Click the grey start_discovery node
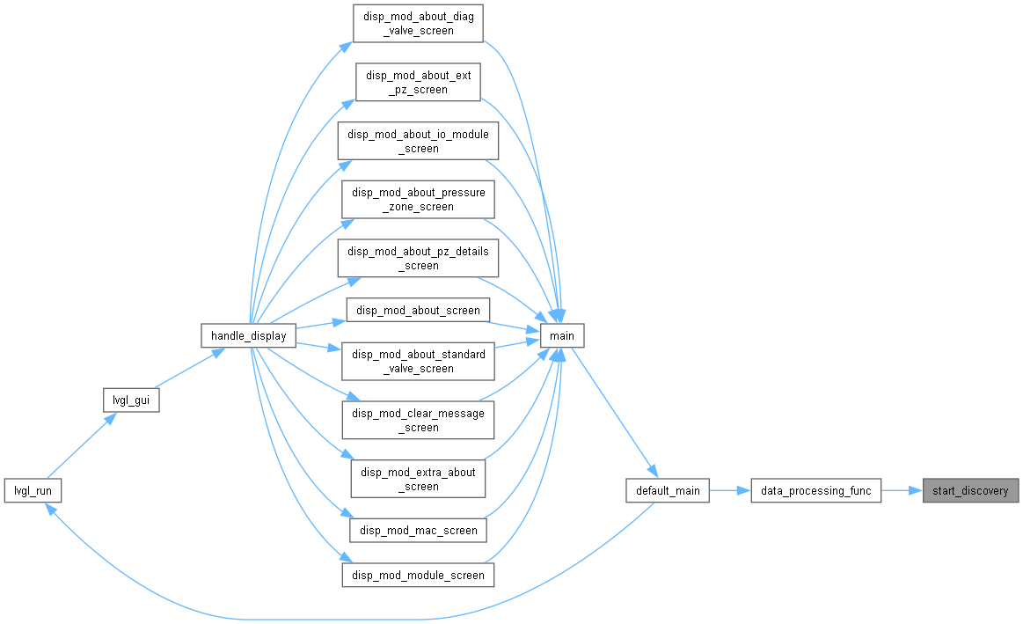970,490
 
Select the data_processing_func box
815,490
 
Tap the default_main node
668,490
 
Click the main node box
562,335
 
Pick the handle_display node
249,335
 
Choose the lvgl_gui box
131,400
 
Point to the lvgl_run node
33,490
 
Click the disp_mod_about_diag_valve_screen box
418,24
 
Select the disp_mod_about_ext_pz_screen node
418,82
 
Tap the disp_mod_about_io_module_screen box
418,141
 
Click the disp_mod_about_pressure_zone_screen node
418,199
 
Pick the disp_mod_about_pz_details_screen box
418,258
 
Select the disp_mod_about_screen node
418,310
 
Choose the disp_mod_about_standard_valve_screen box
418,361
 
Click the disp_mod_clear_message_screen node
418,420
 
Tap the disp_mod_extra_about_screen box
418,479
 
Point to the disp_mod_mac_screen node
418,530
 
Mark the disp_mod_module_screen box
418,575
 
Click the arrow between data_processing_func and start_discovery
902,490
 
